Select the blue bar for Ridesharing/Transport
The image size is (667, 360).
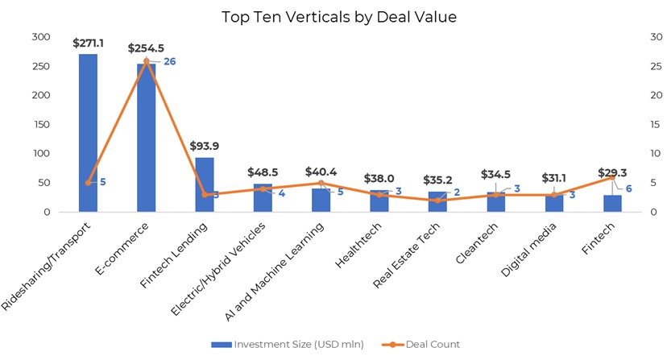point(88,133)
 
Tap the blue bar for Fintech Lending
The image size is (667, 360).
point(205,184)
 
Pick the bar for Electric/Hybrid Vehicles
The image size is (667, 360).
point(263,198)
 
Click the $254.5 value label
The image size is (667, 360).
point(146,48)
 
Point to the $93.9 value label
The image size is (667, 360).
point(205,146)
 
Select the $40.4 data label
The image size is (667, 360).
point(321,172)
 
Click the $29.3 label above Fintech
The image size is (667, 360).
point(613,172)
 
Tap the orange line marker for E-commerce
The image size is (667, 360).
point(147,60)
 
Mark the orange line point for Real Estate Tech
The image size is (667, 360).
point(437,201)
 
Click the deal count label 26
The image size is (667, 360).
point(170,61)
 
